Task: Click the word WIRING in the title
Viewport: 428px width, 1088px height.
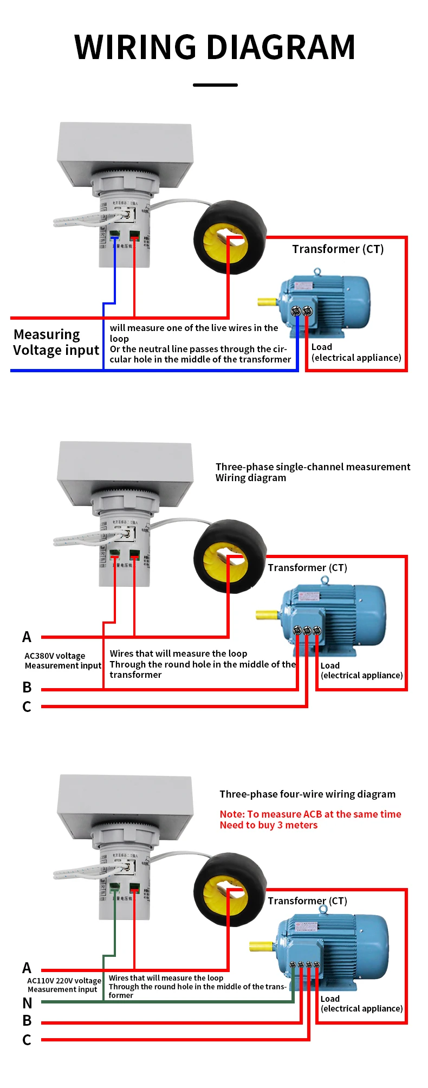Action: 135,47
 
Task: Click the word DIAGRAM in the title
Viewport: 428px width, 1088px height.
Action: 281,47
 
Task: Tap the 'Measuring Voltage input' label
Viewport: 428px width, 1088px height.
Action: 56,342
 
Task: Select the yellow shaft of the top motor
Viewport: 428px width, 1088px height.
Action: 267,302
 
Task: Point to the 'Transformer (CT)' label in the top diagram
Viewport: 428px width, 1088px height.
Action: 338,249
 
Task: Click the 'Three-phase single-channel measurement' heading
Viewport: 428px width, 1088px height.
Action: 313,467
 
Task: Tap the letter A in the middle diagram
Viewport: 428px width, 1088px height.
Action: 27,637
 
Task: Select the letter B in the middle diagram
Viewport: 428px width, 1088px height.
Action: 27,687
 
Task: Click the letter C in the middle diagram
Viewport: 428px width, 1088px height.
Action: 27,707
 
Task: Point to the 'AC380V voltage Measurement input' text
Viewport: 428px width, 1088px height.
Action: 63,660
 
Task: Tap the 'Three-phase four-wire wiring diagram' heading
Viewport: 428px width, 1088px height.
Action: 307,794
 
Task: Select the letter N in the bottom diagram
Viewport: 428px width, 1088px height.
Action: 27,1003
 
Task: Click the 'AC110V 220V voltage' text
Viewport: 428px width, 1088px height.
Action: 64,981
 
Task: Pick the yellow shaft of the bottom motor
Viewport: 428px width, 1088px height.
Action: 260,947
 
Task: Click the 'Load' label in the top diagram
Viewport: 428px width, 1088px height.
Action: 322,347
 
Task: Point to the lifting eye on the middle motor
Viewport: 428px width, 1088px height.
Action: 325,580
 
